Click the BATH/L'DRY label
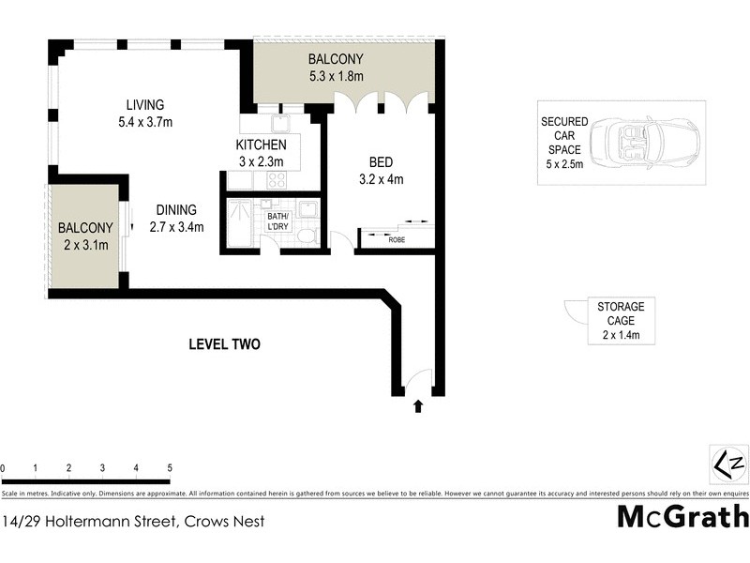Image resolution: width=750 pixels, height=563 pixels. [x=278, y=221]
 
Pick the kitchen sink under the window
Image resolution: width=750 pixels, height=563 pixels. [x=280, y=123]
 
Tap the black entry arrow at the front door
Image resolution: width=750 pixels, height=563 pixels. [x=417, y=406]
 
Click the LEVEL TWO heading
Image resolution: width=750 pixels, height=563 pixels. [x=224, y=344]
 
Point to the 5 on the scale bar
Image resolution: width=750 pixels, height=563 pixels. [x=170, y=466]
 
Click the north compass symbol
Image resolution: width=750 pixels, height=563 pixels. [x=724, y=463]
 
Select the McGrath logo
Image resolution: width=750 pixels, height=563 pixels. [x=682, y=517]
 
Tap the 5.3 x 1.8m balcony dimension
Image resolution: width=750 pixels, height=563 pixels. [x=337, y=76]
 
